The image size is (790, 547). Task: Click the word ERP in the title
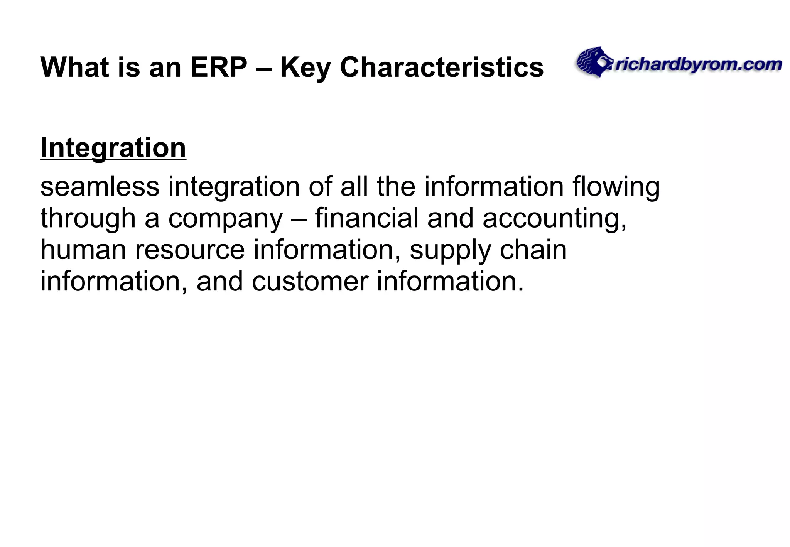tap(218, 68)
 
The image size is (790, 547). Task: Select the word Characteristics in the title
tap(442, 68)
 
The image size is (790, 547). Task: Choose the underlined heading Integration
tap(113, 148)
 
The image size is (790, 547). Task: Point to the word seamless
tap(100, 187)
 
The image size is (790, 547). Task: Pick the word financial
tap(366, 218)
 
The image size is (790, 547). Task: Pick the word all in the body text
tap(354, 187)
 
